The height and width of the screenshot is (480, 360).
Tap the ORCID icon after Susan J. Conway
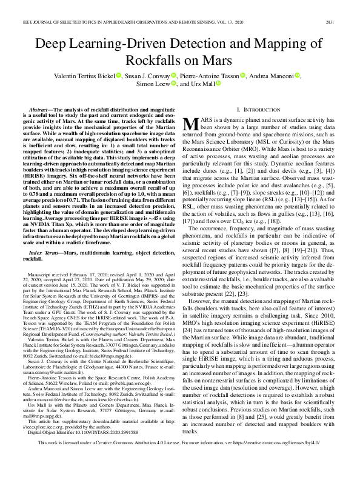[x=173, y=75]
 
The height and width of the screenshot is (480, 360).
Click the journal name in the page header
[x=121, y=6]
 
